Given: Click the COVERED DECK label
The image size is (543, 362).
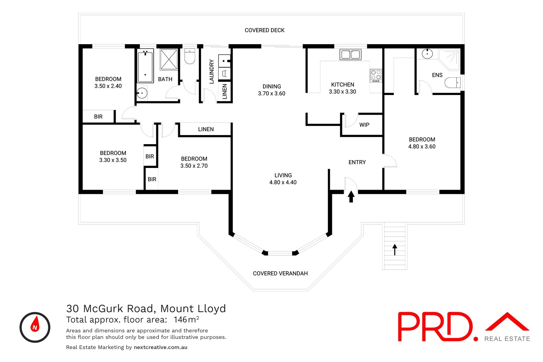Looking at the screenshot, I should click(264, 30).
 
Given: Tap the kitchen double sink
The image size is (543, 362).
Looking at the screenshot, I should click(350, 54).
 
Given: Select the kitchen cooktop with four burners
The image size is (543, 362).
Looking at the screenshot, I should click(376, 76).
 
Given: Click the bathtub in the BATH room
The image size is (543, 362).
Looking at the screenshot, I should click(145, 66).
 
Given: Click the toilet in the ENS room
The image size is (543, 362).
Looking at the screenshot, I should click(452, 82).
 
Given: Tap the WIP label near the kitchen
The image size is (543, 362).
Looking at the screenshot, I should click(364, 125).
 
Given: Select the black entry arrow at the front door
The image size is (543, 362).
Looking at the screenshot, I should click(351, 196).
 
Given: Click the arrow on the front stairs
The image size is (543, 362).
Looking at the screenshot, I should click(395, 249).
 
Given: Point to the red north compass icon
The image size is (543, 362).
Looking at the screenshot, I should click(35, 327).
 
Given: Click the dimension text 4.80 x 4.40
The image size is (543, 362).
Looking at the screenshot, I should click(283, 183).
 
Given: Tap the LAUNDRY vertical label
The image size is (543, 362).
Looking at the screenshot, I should click(211, 72).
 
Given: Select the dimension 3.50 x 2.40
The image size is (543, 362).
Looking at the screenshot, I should click(108, 86).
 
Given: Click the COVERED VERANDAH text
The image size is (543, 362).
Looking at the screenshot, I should click(280, 273).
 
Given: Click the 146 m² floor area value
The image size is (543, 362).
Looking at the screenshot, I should click(186, 320).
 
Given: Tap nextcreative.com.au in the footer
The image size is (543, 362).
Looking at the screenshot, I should click(160, 347).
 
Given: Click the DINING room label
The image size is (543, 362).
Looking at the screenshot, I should click(271, 87).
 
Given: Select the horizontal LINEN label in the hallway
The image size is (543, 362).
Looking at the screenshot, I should click(206, 129).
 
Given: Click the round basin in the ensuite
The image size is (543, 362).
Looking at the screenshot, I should click(427, 54).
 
